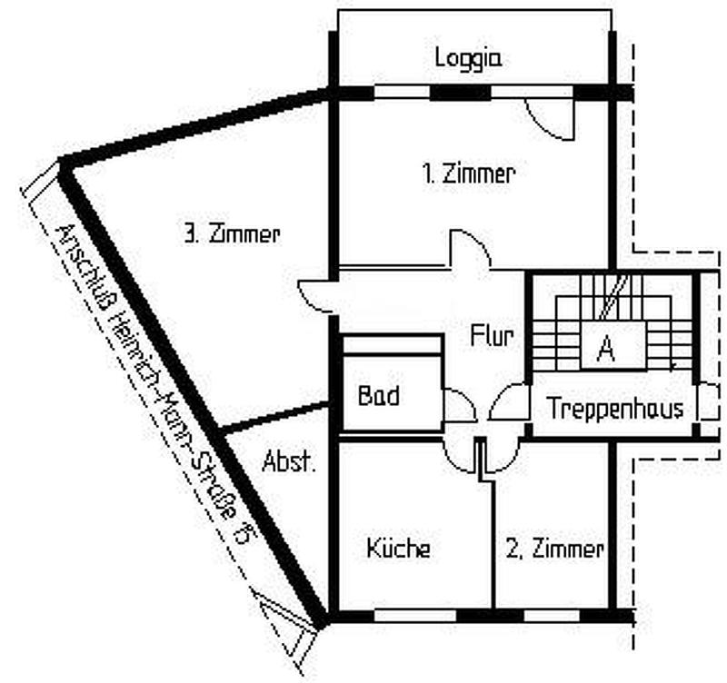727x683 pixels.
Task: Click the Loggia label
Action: (x=468, y=59)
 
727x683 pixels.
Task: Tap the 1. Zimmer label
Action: (x=469, y=174)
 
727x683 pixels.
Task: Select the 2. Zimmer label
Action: (x=554, y=549)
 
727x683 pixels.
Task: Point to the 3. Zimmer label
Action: (x=232, y=234)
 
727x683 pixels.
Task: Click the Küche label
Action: (x=398, y=548)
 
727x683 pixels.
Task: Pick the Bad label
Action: (x=378, y=396)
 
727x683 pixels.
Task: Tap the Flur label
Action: (x=492, y=335)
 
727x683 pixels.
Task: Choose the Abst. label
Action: (x=289, y=461)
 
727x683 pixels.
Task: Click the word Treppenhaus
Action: (x=616, y=409)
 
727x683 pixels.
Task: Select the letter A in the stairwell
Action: (x=605, y=349)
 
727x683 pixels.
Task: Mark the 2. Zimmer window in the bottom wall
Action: (x=552, y=617)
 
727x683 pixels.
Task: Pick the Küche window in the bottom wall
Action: (x=415, y=617)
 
